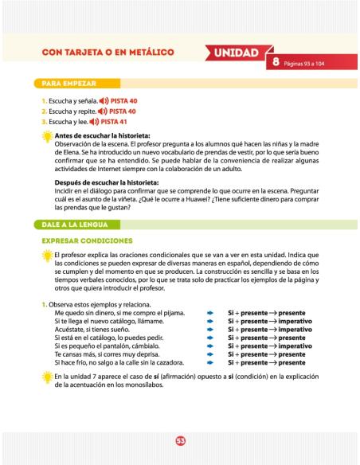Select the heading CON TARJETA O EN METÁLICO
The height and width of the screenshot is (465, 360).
click(x=108, y=54)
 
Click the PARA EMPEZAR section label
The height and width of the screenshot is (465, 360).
click(x=66, y=83)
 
